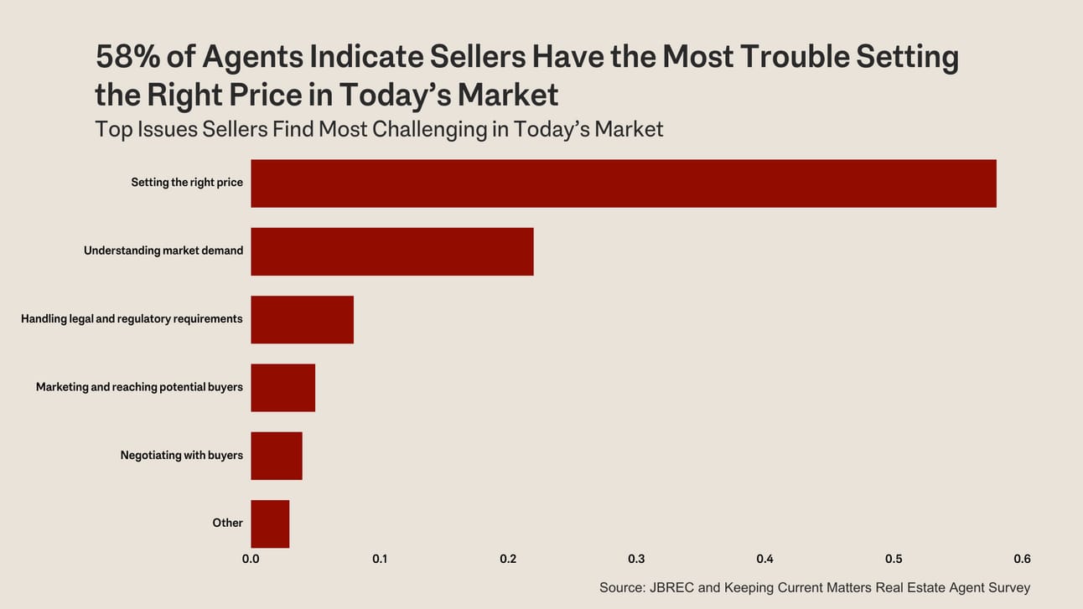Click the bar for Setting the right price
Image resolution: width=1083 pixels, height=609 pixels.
point(623,183)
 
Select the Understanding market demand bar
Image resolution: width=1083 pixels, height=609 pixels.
point(391,251)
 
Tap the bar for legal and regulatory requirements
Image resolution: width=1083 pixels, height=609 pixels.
point(302,319)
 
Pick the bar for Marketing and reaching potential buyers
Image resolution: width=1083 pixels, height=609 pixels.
point(282,387)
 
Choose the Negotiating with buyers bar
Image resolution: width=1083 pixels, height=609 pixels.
point(276,456)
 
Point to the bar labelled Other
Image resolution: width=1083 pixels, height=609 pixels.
point(270,524)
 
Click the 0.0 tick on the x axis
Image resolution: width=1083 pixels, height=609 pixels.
point(251,559)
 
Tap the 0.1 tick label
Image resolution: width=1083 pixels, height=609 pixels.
point(380,559)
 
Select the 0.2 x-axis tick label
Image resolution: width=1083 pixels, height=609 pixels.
point(508,559)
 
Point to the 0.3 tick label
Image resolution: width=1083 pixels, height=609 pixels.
point(636,559)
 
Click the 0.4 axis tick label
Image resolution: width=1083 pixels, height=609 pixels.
point(764,559)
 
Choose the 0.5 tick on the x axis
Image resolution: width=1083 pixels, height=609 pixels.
point(894,559)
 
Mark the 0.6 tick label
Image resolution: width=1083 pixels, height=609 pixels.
point(1022,559)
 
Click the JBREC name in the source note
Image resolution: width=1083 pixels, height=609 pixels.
point(671,587)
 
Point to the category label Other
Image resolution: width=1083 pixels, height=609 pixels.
point(227,523)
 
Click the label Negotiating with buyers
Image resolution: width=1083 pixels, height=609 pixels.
point(181,455)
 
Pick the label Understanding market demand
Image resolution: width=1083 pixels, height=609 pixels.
point(163,250)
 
